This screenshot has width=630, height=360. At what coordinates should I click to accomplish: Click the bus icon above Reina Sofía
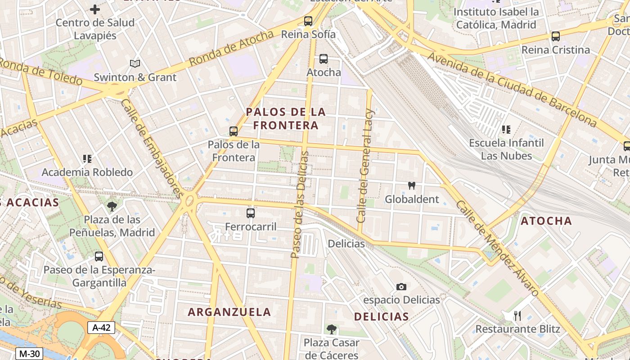[x=308, y=21]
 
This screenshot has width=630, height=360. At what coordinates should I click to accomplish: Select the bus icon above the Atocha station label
[x=323, y=59]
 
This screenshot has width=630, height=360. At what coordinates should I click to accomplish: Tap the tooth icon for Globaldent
[x=411, y=185]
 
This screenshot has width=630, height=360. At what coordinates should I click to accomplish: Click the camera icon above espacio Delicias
[x=401, y=287]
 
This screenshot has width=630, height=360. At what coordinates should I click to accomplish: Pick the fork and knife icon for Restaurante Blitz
[x=517, y=316]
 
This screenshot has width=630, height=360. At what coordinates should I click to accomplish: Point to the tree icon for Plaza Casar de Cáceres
[x=332, y=329]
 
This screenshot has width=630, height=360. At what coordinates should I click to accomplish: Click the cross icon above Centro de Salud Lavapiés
[x=95, y=9]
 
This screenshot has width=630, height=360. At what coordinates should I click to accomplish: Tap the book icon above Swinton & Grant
[x=135, y=64]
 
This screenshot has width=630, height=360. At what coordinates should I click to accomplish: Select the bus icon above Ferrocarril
[x=251, y=213]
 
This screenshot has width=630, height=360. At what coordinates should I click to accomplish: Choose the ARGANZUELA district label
[x=229, y=312]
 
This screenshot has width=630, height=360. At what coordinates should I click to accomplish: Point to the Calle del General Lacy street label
[x=365, y=166]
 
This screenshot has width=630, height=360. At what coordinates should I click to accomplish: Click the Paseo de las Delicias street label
[x=300, y=205]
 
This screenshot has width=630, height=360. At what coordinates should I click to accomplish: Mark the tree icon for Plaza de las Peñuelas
[x=112, y=207]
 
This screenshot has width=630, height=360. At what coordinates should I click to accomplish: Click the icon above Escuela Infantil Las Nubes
[x=506, y=130]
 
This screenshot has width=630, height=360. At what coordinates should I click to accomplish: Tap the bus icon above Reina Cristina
[x=556, y=36]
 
